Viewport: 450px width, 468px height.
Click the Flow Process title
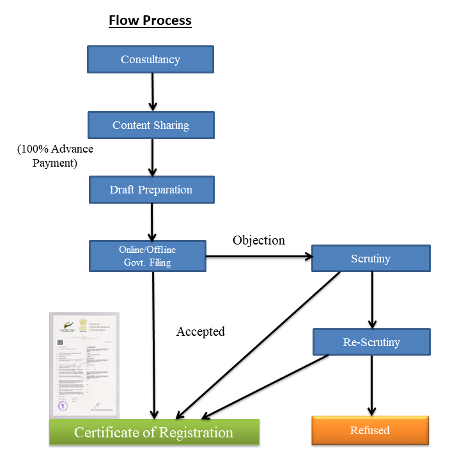[x=150, y=20]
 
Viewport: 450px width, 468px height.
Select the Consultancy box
[x=150, y=59]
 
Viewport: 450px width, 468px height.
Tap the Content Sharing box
[x=150, y=125]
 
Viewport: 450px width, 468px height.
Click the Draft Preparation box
[x=150, y=190]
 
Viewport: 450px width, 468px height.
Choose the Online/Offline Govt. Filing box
[x=147, y=256]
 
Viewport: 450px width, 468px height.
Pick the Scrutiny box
[x=371, y=259]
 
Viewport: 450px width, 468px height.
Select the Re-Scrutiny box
[x=371, y=342]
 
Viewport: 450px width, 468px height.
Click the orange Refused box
[x=369, y=430]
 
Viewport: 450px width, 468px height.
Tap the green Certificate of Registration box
[x=154, y=432]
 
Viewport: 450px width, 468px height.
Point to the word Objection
[x=258, y=240]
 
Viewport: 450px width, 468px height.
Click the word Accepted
[x=201, y=331]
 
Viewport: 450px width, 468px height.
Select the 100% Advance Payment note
[x=54, y=156]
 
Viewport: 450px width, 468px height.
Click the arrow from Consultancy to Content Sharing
[x=152, y=92]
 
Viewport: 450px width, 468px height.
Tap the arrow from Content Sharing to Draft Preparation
[x=152, y=157]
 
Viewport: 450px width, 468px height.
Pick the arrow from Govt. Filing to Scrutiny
[x=259, y=257]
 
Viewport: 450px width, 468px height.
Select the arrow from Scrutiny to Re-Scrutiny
[x=372, y=299]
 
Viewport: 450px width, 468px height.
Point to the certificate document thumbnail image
[x=84, y=365]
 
